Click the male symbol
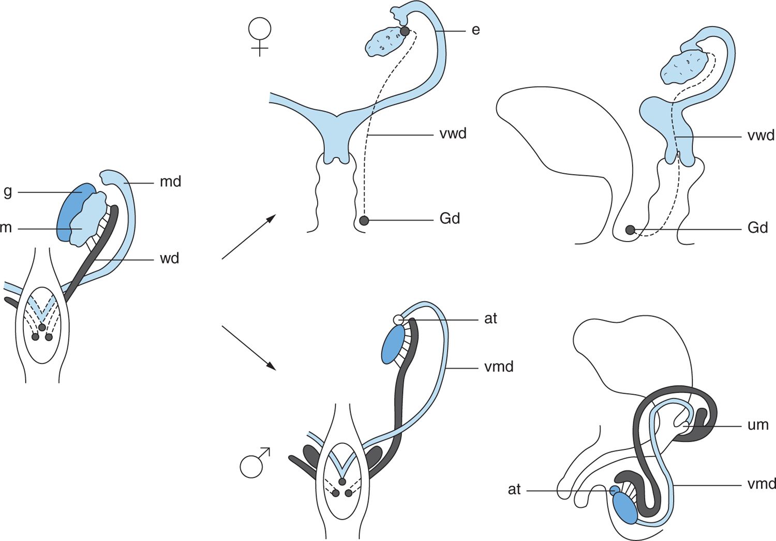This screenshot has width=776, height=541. click(254, 462)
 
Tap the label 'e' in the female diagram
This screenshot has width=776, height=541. click(475, 30)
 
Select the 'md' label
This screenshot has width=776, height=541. click(170, 182)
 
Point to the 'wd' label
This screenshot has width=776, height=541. click(169, 258)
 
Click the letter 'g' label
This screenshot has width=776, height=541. click(7, 192)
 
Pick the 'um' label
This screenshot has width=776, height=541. click(758, 425)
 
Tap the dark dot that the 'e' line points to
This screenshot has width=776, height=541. click(405, 31)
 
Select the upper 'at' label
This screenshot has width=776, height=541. click(490, 319)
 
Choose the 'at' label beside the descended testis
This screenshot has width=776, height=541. click(514, 489)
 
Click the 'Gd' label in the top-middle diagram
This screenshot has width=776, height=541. click(450, 219)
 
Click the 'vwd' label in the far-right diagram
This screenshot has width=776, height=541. click(761, 136)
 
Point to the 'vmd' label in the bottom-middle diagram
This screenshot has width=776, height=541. click(499, 367)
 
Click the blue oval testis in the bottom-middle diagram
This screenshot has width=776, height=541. click(393, 345)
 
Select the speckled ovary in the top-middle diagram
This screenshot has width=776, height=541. click(385, 41)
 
